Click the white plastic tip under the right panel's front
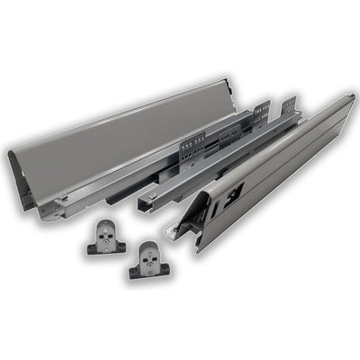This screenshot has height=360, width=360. (x=170, y=231)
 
